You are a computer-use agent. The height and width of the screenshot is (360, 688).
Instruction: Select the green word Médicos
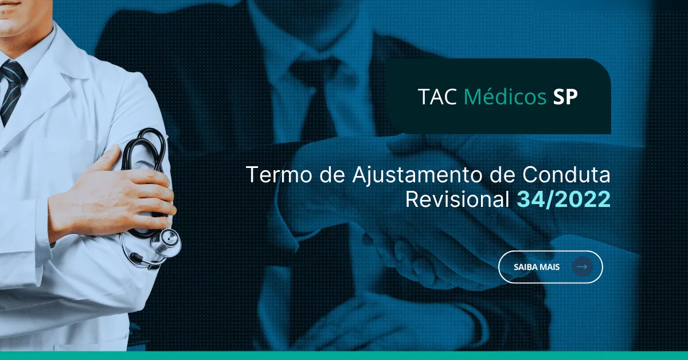[x=505, y=96]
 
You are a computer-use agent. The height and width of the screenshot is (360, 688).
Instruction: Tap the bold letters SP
[x=565, y=97]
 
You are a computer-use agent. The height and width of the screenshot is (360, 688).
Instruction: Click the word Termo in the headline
[x=279, y=175]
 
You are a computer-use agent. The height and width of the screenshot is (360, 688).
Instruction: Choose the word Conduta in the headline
[x=566, y=174]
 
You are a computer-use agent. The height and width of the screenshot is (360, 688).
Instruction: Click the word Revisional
[x=458, y=199]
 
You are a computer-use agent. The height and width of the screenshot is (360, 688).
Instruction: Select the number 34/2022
[x=564, y=199]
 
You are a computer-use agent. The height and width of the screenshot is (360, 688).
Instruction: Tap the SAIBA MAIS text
[x=537, y=267]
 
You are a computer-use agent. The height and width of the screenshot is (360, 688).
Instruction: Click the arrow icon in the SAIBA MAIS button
[x=582, y=267]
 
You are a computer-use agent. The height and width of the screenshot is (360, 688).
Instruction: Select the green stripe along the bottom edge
[x=344, y=355]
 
